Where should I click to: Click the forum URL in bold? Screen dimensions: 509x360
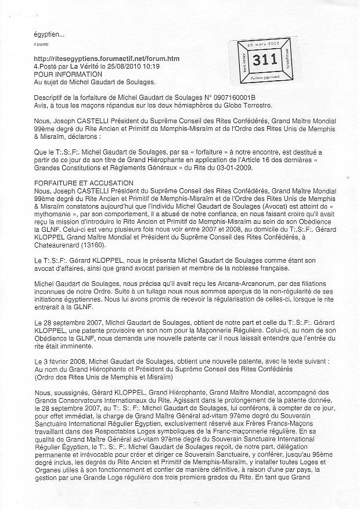[107, 59]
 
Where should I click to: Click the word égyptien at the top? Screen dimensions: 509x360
[48, 35]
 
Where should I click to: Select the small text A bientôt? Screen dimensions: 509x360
[41, 44]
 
